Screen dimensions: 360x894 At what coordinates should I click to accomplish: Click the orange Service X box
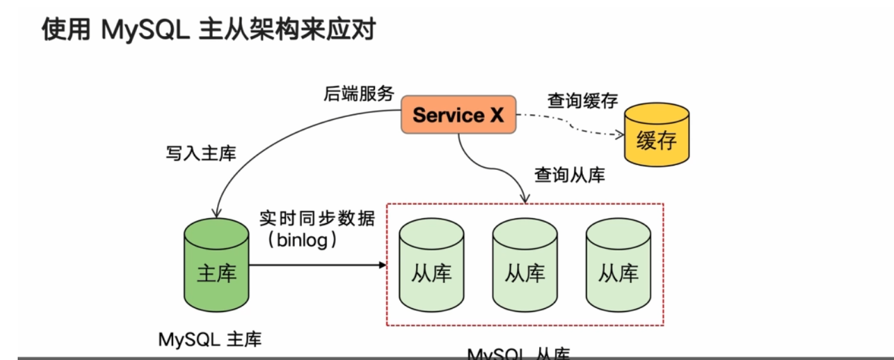(458, 115)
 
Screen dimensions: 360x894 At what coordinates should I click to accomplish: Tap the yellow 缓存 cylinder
(657, 136)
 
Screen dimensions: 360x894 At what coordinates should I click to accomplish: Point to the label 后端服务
(359, 93)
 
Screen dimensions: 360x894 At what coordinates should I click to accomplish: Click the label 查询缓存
(582, 100)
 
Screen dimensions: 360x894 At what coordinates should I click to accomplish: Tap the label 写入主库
(201, 153)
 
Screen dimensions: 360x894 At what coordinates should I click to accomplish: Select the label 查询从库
(570, 174)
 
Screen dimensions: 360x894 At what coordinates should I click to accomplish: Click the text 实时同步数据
(317, 219)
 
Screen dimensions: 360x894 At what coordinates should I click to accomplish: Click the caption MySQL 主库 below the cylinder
(210, 339)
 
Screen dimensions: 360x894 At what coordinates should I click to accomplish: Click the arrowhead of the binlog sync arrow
(382, 265)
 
